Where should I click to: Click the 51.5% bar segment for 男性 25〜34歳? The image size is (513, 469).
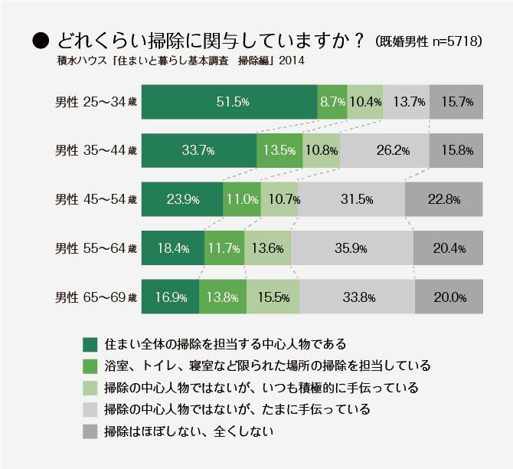[x=229, y=102]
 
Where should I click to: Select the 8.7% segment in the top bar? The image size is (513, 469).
[x=332, y=102]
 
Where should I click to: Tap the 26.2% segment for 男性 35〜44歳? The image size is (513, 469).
[x=384, y=151]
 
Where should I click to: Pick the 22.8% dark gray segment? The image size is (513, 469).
[x=443, y=199]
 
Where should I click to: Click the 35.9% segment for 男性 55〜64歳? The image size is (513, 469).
[x=351, y=248]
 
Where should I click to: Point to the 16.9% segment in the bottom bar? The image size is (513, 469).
[x=170, y=297]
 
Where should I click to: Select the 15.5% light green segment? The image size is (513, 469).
[x=273, y=297]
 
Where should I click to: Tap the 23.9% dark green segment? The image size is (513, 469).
[x=182, y=199]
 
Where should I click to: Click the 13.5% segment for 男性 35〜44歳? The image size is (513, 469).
[x=279, y=151]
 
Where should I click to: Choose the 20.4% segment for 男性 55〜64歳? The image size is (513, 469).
[x=449, y=248]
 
